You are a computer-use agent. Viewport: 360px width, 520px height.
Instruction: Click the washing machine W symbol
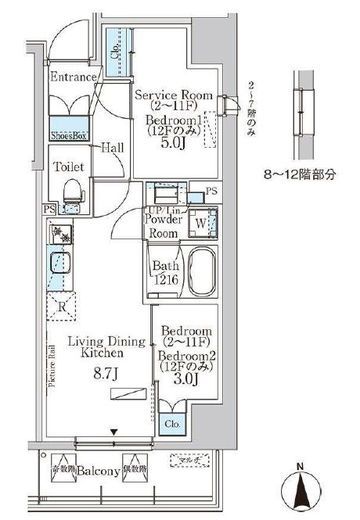tap(201, 223)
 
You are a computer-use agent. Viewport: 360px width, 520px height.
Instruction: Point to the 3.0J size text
tap(178, 379)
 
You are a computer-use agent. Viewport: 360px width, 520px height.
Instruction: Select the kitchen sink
tap(57, 263)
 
